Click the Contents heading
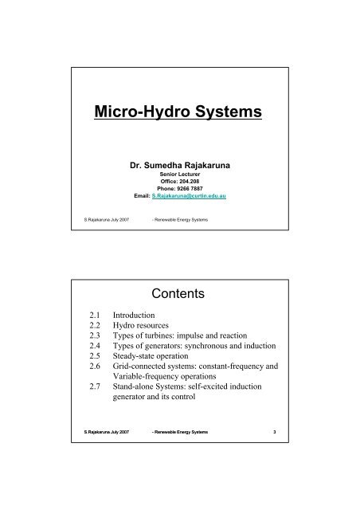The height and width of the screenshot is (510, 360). (x=179, y=292)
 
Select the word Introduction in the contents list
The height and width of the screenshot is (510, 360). (x=148, y=316)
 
